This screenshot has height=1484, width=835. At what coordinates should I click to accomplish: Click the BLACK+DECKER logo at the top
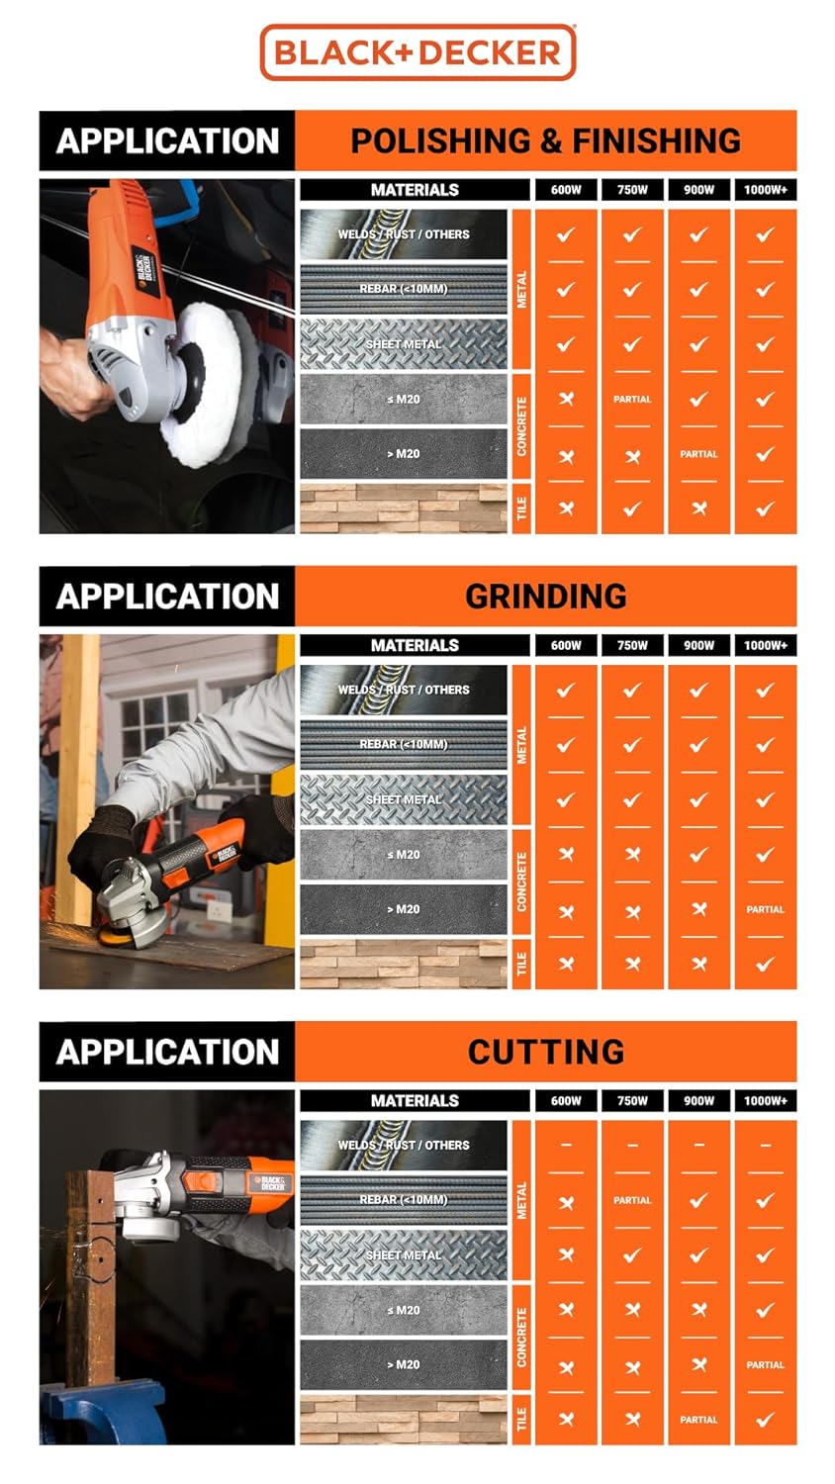pyautogui.click(x=417, y=52)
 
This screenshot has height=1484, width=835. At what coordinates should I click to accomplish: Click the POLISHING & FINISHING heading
pyautogui.click(x=545, y=140)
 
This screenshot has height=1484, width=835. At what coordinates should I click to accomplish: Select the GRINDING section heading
pyautogui.click(x=545, y=596)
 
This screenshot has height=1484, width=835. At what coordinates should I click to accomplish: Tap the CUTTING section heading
pyautogui.click(x=545, y=1051)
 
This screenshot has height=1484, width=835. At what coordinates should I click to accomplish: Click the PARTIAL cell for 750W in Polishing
pyautogui.click(x=632, y=400)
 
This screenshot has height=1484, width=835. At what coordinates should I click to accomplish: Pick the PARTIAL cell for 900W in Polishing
pyautogui.click(x=698, y=454)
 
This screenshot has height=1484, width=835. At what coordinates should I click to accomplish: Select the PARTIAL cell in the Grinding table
pyautogui.click(x=765, y=909)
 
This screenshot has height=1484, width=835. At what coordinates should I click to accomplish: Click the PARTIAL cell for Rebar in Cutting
pyautogui.click(x=632, y=1200)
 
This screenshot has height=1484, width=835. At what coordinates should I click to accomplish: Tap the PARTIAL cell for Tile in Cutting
pyautogui.click(x=698, y=1420)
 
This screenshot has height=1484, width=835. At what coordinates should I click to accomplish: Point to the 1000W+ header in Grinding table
pyautogui.click(x=765, y=645)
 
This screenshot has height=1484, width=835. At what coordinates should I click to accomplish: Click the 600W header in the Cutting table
pyautogui.click(x=566, y=1100)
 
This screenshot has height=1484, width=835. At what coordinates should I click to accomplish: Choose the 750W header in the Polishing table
pyautogui.click(x=632, y=190)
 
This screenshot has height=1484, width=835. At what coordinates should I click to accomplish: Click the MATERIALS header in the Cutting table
pyautogui.click(x=415, y=1100)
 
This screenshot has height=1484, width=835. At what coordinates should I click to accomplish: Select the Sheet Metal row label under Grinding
pyautogui.click(x=404, y=799)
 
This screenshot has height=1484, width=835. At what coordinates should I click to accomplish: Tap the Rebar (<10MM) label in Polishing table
pyautogui.click(x=404, y=289)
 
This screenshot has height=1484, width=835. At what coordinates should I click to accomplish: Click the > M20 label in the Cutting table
pyautogui.click(x=404, y=1364)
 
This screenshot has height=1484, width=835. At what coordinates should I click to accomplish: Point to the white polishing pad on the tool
pyautogui.click(x=213, y=386)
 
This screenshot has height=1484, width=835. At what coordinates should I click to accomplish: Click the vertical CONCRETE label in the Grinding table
pyautogui.click(x=521, y=881)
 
